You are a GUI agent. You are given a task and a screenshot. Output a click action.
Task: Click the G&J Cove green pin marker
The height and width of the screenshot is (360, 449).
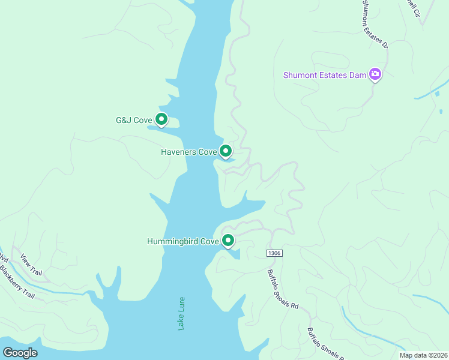tap(161, 119)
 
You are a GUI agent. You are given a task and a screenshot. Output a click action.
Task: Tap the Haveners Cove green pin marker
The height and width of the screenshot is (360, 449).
tap(226, 151)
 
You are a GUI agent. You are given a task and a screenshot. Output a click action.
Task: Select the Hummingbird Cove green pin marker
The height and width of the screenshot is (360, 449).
tap(228, 241)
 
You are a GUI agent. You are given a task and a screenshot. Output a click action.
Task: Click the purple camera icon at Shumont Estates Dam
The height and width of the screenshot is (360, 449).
tap(375, 74)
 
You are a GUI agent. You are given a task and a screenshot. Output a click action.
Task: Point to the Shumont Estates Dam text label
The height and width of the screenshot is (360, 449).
tap(325, 75)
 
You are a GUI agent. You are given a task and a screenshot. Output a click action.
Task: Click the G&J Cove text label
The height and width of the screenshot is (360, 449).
tap(134, 120)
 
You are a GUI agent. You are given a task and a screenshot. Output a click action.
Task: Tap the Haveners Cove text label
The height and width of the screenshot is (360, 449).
tap(188, 152)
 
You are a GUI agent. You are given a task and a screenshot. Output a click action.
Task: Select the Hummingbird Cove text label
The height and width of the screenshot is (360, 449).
tap(183, 242)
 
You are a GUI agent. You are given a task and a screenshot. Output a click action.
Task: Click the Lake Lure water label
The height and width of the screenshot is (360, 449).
tap(181, 313)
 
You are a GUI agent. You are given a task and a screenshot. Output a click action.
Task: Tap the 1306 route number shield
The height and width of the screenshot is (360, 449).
tap(274, 254)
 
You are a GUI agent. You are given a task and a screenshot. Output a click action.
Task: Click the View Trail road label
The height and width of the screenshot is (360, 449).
tap(31, 265)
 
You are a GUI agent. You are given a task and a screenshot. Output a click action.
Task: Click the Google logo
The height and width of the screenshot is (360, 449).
tap(20, 353)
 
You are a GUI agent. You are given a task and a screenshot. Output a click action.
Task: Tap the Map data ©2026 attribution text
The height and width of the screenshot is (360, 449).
tap(423, 355)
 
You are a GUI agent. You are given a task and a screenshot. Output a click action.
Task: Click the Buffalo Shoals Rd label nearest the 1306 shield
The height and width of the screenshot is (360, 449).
tap(283, 288)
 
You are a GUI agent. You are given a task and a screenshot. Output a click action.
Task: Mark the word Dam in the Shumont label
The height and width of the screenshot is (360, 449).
tap(357, 75)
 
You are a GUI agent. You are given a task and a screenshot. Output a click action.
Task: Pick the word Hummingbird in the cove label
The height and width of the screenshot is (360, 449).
tap(173, 242)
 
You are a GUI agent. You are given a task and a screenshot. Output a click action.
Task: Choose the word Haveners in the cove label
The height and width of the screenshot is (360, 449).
tap(178, 152)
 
